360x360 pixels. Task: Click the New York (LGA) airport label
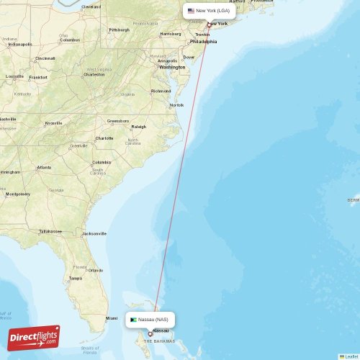pos(213,11)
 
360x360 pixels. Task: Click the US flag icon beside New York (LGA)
pos(192,11)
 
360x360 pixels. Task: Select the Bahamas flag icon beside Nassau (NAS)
pos(134,318)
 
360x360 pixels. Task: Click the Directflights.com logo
pos(35,337)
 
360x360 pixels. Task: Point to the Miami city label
pos(112,318)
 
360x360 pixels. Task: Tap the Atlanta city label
pos(45,168)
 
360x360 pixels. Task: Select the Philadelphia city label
pos(204,42)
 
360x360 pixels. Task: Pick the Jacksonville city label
pos(94,233)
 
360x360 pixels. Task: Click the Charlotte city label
pos(104,138)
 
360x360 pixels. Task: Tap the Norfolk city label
pos(176,105)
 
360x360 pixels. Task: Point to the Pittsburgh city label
pos(119,30)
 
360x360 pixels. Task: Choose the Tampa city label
pos(75,278)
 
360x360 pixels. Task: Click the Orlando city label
pos(96,270)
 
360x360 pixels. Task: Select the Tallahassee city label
pos(50,231)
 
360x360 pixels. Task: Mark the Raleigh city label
pos(138,126)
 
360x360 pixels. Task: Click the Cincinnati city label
pos(45,58)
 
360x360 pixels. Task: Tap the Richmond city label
pos(161,91)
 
